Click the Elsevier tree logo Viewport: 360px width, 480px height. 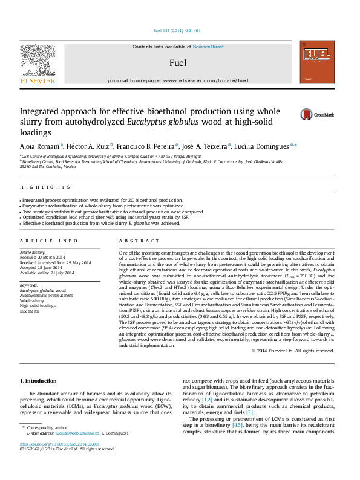click(x=38, y=63)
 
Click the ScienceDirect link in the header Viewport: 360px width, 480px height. click(x=209, y=47)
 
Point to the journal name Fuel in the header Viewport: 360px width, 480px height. click(x=178, y=63)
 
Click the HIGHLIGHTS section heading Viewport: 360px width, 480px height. click(x=37, y=188)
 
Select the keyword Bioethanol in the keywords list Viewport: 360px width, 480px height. click(x=29, y=311)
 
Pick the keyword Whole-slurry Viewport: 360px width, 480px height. click(x=31, y=300)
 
